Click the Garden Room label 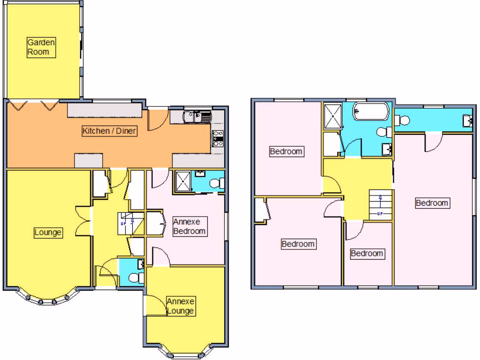coord(41,47)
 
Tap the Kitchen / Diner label coord(110,131)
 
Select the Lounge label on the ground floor coord(48,232)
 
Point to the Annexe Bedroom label coord(189,226)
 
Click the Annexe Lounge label coord(180,306)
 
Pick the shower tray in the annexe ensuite coord(183,182)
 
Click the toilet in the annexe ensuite coord(217,183)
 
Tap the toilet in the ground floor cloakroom coord(136,278)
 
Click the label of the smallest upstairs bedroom coord(367,254)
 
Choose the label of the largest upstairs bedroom coord(432,203)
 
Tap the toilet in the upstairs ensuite coord(402,120)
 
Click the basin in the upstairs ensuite coord(467,120)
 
